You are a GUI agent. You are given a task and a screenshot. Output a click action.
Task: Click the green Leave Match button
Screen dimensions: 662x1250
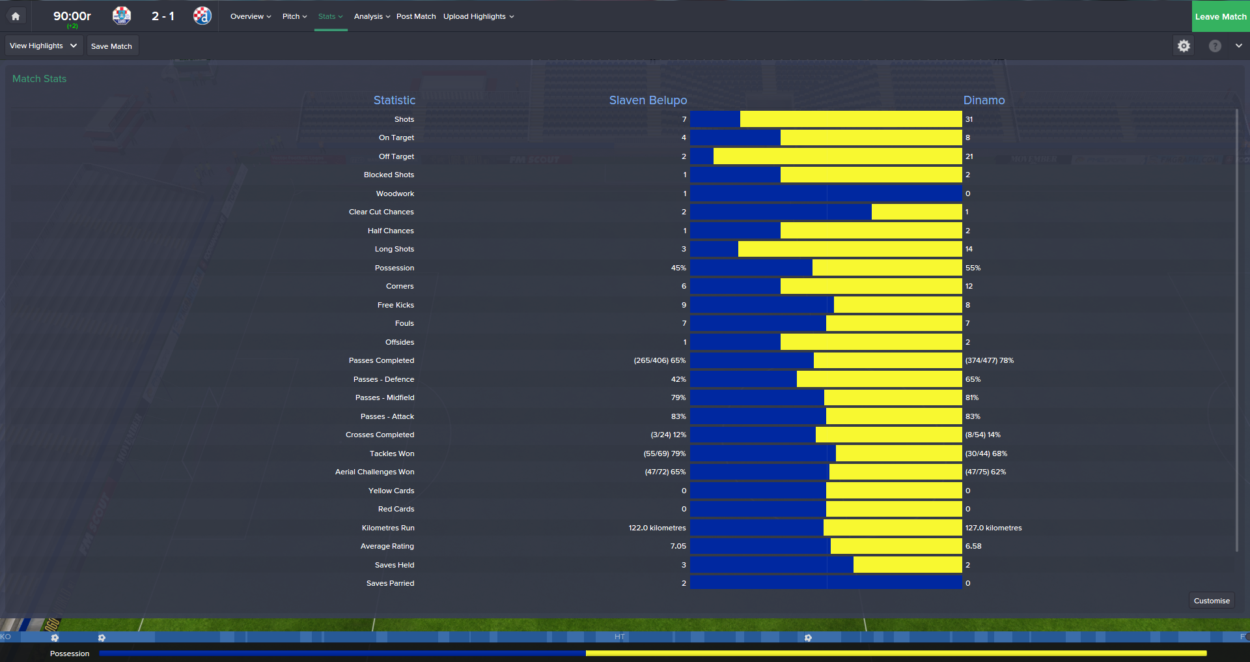pyautogui.click(x=1220, y=16)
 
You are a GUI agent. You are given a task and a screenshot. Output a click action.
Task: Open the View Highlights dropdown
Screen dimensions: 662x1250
pyautogui.click(x=44, y=46)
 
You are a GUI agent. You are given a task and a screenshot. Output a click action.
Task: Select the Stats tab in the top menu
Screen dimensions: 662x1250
pyautogui.click(x=330, y=16)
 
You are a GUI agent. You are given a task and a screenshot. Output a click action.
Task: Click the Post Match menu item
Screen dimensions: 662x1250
pyautogui.click(x=416, y=16)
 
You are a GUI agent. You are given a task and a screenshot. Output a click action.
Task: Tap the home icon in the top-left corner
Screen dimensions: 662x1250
pyautogui.click(x=16, y=16)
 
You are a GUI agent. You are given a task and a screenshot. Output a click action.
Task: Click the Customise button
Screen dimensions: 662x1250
pyautogui.click(x=1211, y=601)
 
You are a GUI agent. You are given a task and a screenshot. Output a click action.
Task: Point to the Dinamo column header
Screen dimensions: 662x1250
pyautogui.click(x=984, y=100)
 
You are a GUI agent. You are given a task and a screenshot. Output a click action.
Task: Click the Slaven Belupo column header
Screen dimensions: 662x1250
pyautogui.click(x=648, y=100)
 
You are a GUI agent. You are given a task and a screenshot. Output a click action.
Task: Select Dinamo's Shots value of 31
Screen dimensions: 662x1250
pyautogui.click(x=969, y=119)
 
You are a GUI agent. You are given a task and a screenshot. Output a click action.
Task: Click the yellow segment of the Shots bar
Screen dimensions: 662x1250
pyautogui.click(x=850, y=119)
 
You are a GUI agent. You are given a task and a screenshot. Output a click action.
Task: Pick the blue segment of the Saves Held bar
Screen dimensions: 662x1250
pyautogui.click(x=771, y=565)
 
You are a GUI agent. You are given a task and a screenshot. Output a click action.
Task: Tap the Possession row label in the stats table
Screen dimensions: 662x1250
pyautogui.click(x=394, y=268)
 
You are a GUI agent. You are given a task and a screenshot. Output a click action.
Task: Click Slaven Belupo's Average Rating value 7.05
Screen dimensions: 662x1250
pyautogui.click(x=678, y=546)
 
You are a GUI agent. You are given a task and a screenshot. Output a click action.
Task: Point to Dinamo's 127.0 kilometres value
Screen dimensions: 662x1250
pyautogui.click(x=993, y=528)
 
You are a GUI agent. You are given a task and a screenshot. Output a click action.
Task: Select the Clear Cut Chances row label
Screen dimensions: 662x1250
pyautogui.click(x=381, y=212)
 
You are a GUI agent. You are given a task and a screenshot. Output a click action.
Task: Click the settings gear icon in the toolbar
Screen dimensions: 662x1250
pyautogui.click(x=1184, y=46)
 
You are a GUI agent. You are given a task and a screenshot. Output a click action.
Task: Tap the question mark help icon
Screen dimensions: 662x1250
pyautogui.click(x=1215, y=46)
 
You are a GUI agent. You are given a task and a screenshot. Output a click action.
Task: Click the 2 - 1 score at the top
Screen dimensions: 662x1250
pyautogui.click(x=163, y=16)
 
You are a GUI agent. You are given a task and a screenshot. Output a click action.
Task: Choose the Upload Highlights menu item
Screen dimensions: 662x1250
pyautogui.click(x=479, y=16)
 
